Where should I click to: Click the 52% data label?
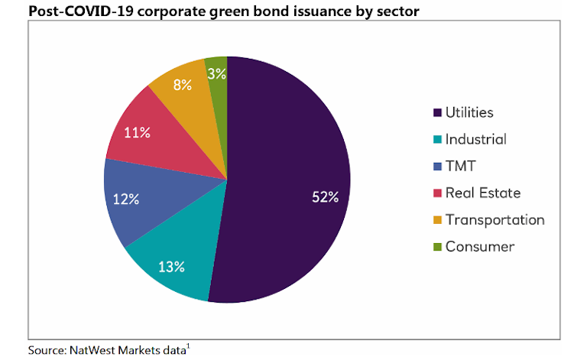tap(325, 197)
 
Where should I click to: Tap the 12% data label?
tap(126, 199)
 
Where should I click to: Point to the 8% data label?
tap(182, 85)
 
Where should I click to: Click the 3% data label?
tap(216, 73)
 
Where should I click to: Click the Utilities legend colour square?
tap(437, 113)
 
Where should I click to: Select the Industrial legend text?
tap(475, 139)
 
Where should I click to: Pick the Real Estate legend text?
tap(482, 193)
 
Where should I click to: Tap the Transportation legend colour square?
tap(437, 220)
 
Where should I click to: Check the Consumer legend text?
tap(480, 246)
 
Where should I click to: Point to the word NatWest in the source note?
tap(94, 350)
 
